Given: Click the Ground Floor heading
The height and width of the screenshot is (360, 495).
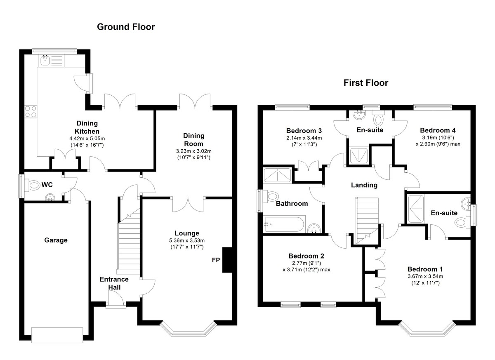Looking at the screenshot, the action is tap(126, 27).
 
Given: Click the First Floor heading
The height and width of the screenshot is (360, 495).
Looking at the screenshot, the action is tap(366, 83).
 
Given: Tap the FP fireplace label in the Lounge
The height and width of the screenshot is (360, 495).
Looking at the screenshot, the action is tap(215, 260).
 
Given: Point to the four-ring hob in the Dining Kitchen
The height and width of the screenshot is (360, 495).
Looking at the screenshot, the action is tap(31, 112).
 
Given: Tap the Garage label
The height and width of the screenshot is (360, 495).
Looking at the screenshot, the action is tap(56, 240).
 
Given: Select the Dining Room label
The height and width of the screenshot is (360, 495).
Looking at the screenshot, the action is tap(193, 139).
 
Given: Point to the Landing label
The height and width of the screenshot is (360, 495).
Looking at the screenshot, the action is tap(364, 185).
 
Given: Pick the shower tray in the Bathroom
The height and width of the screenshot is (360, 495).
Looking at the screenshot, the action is tap(277, 175).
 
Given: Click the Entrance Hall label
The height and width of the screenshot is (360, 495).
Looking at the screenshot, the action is tap(114, 283).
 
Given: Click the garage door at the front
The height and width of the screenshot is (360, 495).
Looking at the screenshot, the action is tap(57, 335).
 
